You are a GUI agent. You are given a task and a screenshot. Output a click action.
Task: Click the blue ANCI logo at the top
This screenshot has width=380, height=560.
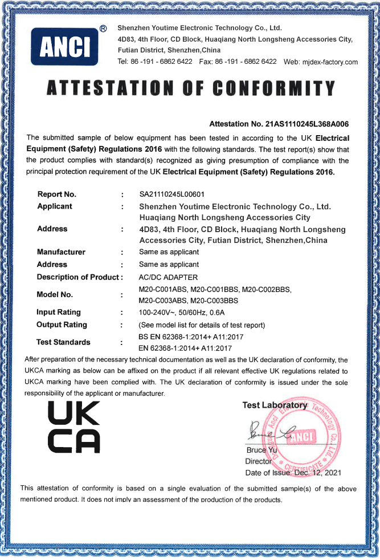[65, 46]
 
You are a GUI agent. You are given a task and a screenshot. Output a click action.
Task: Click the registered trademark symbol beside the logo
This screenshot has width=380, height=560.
[103, 28]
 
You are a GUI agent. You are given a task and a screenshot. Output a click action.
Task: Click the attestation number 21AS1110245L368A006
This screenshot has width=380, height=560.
[306, 124]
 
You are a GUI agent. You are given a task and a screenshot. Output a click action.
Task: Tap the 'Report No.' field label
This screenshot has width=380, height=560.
[56, 194]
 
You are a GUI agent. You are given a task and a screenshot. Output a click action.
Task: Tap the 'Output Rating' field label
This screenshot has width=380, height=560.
[62, 325]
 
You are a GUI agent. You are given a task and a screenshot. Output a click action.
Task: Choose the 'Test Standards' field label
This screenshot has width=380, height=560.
[63, 342]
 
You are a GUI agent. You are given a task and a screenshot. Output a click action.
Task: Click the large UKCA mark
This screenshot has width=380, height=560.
[74, 427]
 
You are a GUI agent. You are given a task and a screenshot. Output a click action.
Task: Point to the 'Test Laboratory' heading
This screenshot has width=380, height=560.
[274, 405]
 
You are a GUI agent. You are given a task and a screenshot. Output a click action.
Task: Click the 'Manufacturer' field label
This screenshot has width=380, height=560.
[61, 252]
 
